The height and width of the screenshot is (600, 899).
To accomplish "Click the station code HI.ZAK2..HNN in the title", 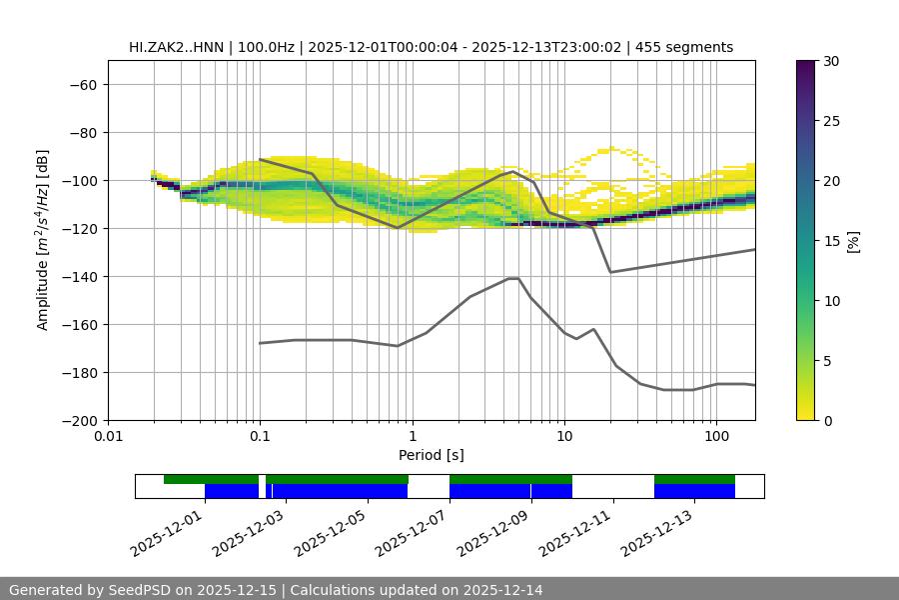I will click(x=180, y=47).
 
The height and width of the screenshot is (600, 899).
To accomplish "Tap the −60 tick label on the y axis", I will click(x=82, y=84).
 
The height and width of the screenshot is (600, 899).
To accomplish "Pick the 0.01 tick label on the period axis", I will click(x=108, y=437).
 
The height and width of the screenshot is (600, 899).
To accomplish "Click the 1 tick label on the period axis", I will click(x=412, y=437).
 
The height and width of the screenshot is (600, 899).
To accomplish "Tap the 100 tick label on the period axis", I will click(x=716, y=437).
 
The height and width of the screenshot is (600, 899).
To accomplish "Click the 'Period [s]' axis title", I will click(x=432, y=455).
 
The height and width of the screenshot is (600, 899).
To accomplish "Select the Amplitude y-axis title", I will click(x=43, y=240).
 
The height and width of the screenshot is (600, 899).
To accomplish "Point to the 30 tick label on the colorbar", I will click(x=830, y=61).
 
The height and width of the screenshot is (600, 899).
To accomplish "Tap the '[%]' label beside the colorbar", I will click(x=852, y=241).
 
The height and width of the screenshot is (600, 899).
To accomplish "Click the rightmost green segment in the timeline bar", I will click(x=694, y=479).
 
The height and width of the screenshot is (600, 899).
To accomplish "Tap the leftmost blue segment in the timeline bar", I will click(x=232, y=491).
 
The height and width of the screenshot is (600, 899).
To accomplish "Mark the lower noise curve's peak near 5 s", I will click(x=513, y=278).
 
